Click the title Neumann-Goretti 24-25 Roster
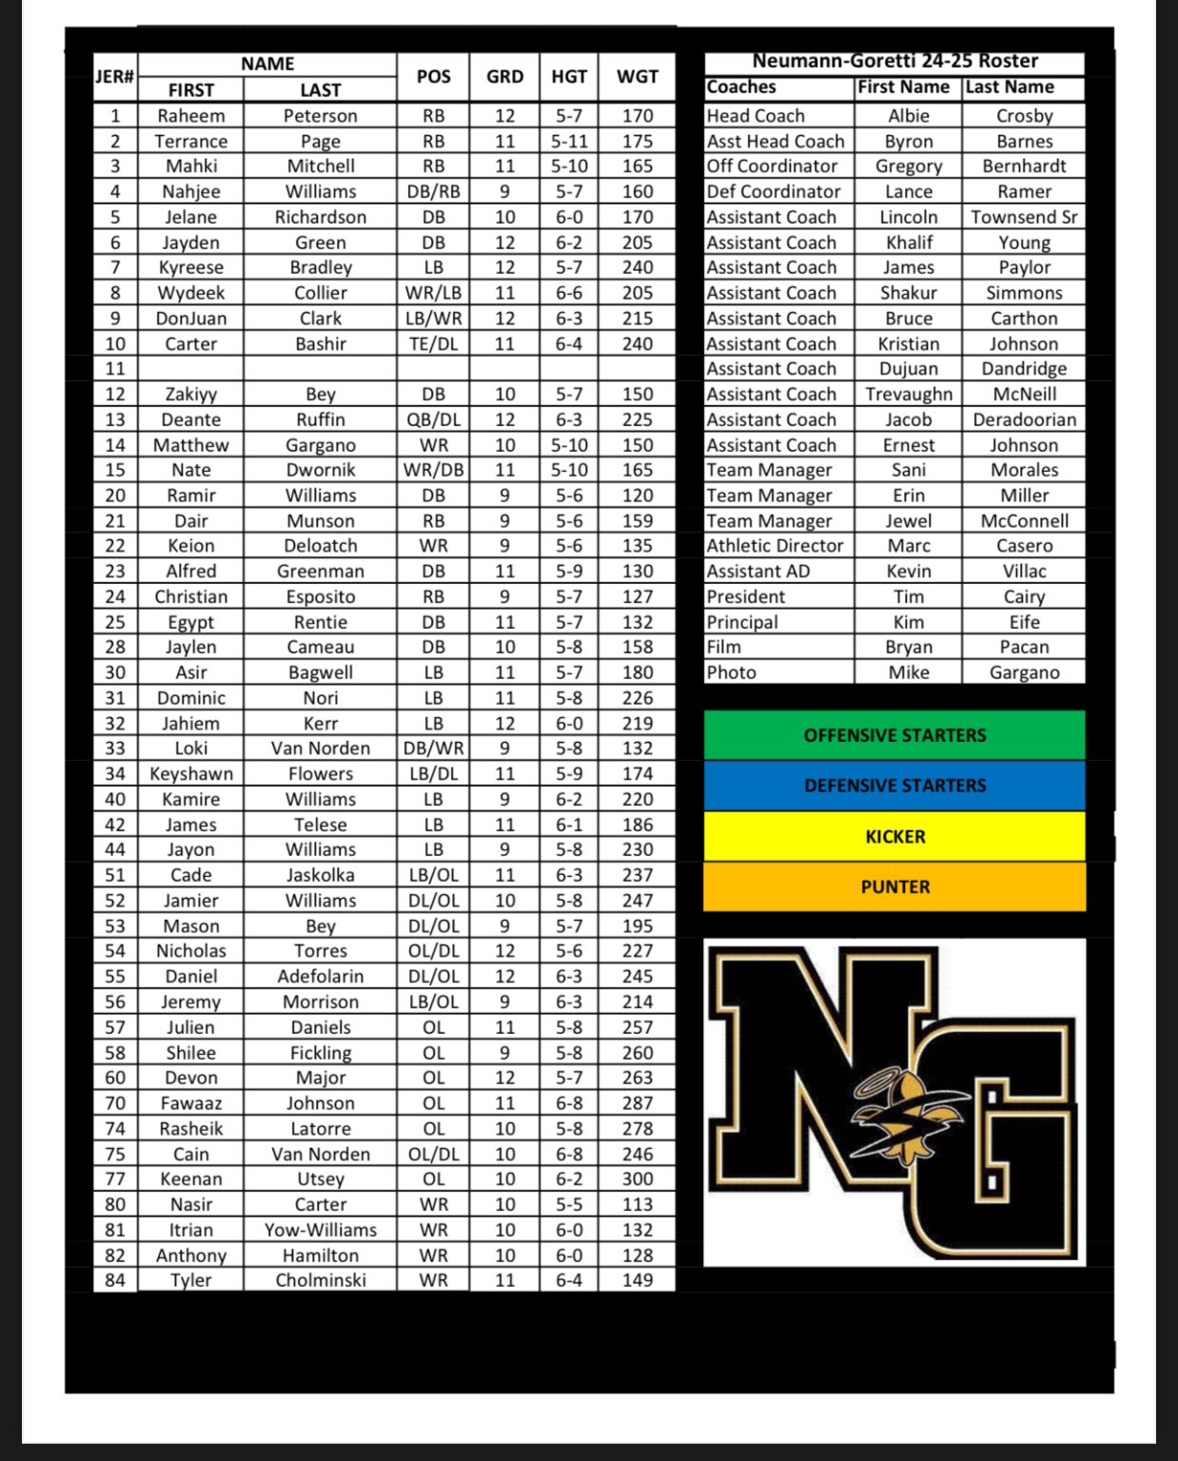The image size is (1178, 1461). (x=894, y=61)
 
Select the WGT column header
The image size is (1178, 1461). (x=637, y=77)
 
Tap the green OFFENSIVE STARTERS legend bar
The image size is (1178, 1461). (x=894, y=735)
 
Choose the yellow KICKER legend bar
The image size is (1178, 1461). (x=894, y=836)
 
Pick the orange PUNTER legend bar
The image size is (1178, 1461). (x=894, y=886)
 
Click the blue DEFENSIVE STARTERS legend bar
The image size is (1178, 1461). (x=894, y=786)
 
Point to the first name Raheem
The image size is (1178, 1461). (x=191, y=116)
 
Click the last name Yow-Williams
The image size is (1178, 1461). (x=321, y=1230)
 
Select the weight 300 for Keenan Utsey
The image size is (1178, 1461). (x=637, y=1179)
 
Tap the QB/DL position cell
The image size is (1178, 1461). (x=433, y=419)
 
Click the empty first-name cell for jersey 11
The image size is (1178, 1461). (x=191, y=368)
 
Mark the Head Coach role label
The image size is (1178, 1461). (x=756, y=116)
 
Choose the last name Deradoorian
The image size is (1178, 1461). (x=1024, y=419)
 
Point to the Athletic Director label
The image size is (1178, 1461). (x=775, y=546)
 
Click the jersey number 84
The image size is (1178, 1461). (x=115, y=1280)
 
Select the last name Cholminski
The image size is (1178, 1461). (x=321, y=1280)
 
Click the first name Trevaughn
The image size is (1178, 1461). (x=909, y=394)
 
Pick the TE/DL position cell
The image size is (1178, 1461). (x=433, y=343)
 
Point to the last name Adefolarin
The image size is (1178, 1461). (x=321, y=976)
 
